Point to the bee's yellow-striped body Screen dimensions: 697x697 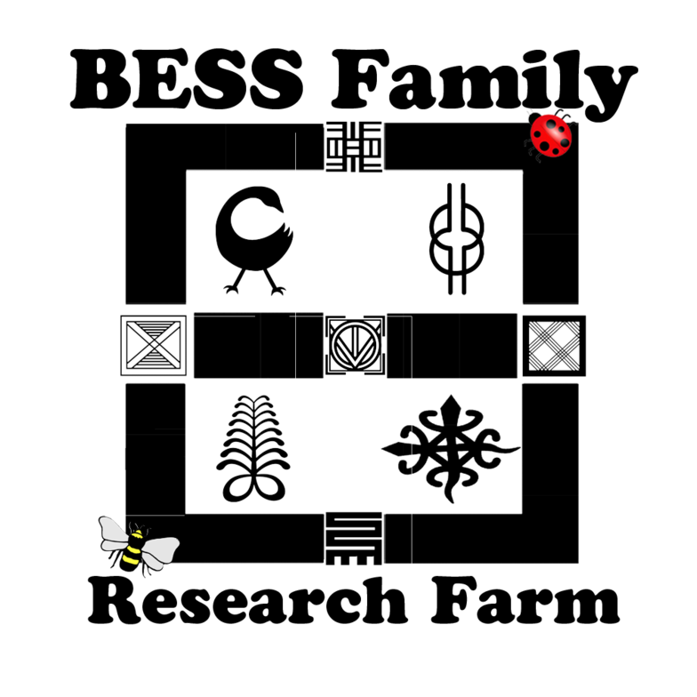pyautogui.click(x=132, y=551)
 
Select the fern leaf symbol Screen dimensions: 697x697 pyautogui.click(x=254, y=445)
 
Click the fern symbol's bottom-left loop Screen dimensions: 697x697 pyautogui.click(x=240, y=485)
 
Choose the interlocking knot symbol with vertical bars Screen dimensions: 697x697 pyautogui.click(x=456, y=237)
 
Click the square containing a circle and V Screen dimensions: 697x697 pyautogui.click(x=354, y=344)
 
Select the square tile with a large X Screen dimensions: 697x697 pyautogui.click(x=154, y=345)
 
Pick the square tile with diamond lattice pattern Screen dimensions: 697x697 pyautogui.click(x=553, y=345)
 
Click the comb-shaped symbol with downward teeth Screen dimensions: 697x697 pyautogui.click(x=354, y=539)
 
